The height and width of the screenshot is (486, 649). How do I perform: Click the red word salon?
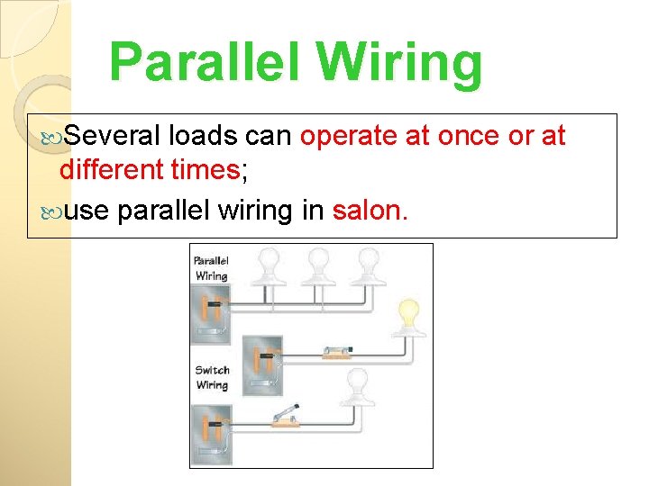click(x=369, y=211)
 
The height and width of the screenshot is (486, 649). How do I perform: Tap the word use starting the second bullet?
click(x=87, y=211)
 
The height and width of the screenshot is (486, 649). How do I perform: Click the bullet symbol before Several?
click(x=52, y=137)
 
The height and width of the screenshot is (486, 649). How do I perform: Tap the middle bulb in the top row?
click(x=317, y=264)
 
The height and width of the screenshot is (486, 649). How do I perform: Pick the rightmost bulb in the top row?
click(x=368, y=264)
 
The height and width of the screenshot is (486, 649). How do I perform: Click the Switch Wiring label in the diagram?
click(x=212, y=377)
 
